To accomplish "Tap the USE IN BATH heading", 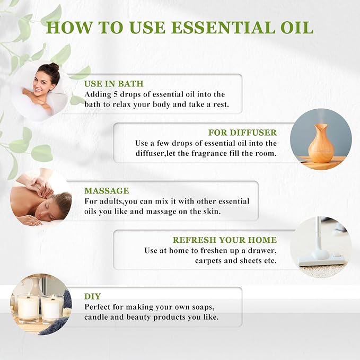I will point(113,84).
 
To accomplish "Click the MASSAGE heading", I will point(107,190).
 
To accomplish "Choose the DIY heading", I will point(92,296).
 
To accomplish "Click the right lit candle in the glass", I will point(52,308).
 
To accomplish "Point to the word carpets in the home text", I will point(210,261).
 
